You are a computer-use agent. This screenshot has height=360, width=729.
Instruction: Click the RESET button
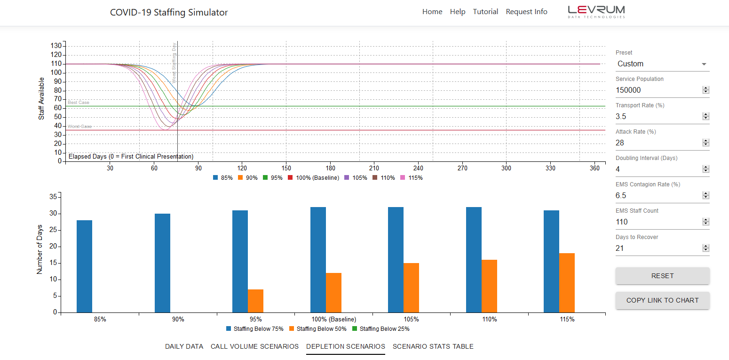[662, 276]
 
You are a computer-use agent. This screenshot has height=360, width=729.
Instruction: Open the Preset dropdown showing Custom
[662, 64]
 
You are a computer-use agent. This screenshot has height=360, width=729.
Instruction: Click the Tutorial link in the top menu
[485, 12]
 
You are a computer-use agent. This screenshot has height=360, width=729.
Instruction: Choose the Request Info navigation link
[526, 12]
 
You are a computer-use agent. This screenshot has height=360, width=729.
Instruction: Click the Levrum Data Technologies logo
[596, 12]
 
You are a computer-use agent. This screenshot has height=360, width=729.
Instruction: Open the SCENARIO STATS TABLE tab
[433, 346]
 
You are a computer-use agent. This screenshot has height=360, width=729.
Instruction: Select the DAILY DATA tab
[184, 346]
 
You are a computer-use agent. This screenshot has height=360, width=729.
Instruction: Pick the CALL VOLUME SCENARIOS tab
[254, 346]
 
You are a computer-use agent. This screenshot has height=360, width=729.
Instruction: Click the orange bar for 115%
[567, 283]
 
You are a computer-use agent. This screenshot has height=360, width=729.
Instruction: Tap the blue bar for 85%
[84, 266]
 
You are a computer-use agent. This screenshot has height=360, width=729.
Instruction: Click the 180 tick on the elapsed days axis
[330, 168]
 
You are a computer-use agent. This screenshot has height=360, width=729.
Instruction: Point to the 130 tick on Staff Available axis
[56, 46]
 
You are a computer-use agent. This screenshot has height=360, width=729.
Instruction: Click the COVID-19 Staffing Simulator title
[169, 13]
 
